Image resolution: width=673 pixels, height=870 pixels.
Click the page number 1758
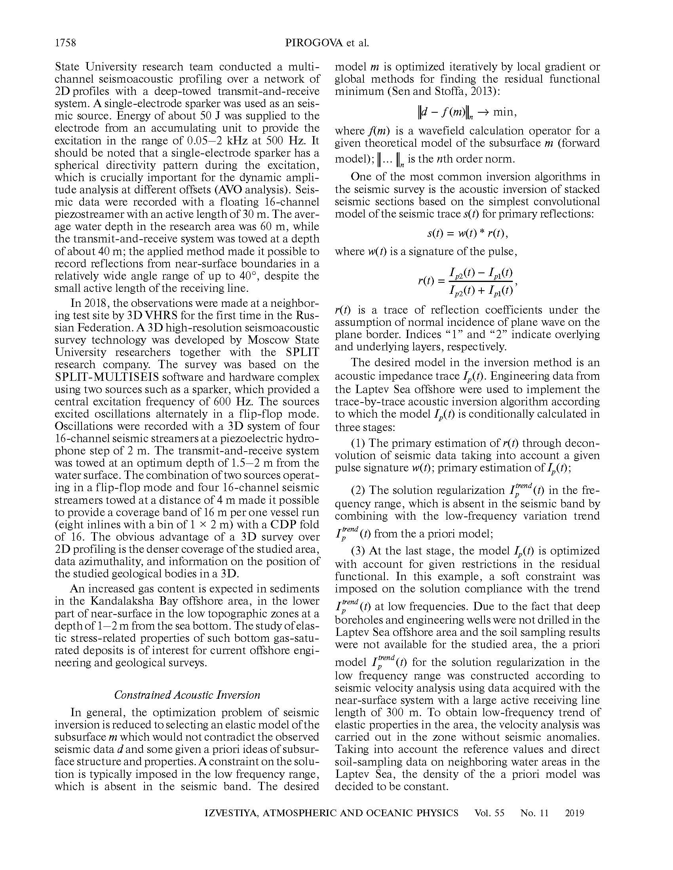click(x=65, y=43)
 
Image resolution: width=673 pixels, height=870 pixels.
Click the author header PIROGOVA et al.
click(x=327, y=43)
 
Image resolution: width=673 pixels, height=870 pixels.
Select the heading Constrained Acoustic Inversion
click(x=187, y=695)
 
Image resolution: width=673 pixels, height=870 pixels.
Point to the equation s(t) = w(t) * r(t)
click(x=467, y=233)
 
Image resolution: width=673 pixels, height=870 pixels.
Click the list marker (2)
click(x=358, y=490)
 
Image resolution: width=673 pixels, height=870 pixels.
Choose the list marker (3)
click(x=358, y=551)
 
